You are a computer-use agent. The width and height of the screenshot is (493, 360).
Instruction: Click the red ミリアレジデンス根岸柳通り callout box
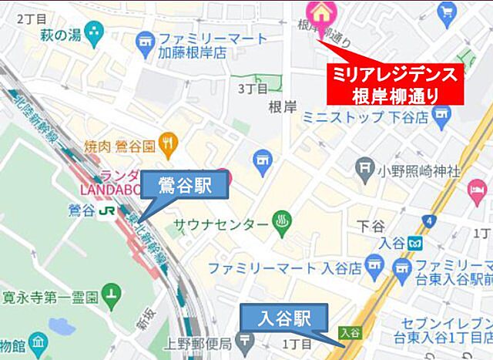[x=395, y=84]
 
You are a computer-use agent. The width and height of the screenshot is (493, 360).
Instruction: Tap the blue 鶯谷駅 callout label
[x=185, y=186]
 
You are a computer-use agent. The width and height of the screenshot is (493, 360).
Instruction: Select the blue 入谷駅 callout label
[x=284, y=316]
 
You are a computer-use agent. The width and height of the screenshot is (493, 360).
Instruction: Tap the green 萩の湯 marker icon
[x=95, y=32]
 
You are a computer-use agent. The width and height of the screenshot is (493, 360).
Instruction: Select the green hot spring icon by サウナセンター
[x=281, y=224]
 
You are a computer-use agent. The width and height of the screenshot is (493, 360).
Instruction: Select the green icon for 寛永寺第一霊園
[x=112, y=294]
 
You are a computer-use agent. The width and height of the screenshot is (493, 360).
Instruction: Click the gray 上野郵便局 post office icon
[x=244, y=340]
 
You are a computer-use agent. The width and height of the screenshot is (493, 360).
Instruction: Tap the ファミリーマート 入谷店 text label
[x=285, y=269]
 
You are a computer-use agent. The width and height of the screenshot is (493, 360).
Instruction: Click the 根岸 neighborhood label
[x=283, y=107]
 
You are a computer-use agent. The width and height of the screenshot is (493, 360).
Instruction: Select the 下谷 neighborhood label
[x=371, y=226]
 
